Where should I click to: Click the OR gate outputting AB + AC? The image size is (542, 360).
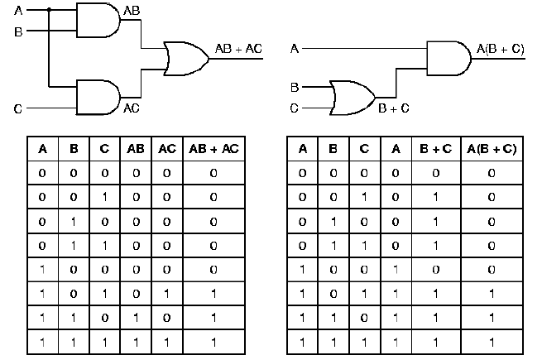pyautogui.click(x=183, y=57)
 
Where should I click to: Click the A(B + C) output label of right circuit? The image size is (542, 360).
pyautogui.click(x=501, y=49)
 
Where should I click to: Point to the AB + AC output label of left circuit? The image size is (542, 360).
pyautogui.click(x=238, y=49)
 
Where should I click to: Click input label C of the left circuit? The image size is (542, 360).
pyautogui.click(x=19, y=108)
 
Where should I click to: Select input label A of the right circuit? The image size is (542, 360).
pyautogui.click(x=295, y=50)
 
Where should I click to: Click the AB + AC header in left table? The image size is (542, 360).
pyautogui.click(x=213, y=150)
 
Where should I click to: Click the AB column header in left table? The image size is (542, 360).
pyautogui.click(x=136, y=150)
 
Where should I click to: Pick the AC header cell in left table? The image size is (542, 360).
pyautogui.click(x=166, y=150)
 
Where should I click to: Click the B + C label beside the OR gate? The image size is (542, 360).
pyautogui.click(x=394, y=108)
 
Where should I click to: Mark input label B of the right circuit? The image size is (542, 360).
pyautogui.click(x=295, y=86)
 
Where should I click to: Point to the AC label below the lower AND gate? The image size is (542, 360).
pyautogui.click(x=132, y=108)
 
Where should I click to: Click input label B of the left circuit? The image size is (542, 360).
pyautogui.click(x=19, y=31)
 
